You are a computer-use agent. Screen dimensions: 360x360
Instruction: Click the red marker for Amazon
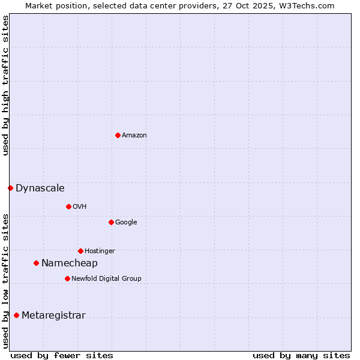(x=118, y=135)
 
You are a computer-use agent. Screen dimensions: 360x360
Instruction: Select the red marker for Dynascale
(x=10, y=188)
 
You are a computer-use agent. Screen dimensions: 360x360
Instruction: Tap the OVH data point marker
(x=68, y=206)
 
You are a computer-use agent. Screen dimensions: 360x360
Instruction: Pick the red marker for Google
(x=111, y=222)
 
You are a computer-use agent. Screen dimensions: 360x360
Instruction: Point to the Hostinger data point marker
(x=80, y=251)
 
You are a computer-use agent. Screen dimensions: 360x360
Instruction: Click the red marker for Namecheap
(x=36, y=263)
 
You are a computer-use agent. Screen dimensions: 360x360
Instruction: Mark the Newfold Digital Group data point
(x=67, y=278)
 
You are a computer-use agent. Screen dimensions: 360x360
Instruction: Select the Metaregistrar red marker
(x=16, y=315)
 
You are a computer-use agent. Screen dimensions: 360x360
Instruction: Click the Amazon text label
(x=134, y=136)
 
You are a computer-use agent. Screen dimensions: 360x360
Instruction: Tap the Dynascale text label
(x=40, y=188)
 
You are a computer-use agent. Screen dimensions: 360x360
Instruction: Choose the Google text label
(x=126, y=223)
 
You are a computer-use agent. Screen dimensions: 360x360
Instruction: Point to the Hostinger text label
(x=100, y=251)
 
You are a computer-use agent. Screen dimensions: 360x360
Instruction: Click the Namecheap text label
(x=70, y=263)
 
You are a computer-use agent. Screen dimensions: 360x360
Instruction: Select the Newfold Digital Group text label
(x=106, y=279)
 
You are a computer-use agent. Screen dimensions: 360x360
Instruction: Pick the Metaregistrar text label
(x=53, y=316)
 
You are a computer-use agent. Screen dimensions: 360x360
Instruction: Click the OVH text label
(x=80, y=207)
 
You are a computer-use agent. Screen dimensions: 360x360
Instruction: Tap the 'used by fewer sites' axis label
(x=62, y=356)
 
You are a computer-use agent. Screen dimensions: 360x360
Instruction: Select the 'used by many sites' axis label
(x=301, y=356)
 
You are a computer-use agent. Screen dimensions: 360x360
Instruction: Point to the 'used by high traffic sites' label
(x=5, y=85)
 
